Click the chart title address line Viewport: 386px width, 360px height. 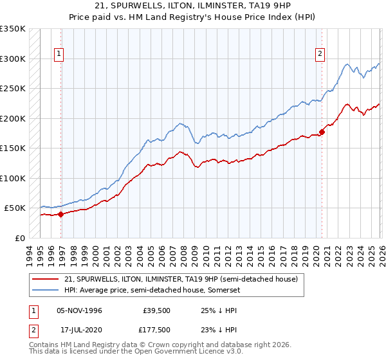[193, 6]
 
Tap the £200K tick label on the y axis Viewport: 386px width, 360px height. [13, 118]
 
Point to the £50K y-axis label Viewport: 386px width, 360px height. [15, 208]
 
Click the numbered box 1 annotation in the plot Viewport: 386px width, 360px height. [59, 55]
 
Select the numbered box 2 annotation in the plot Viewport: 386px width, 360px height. [320, 55]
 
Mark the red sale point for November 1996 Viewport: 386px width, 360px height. [61, 215]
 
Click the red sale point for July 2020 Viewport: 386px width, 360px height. [322, 132]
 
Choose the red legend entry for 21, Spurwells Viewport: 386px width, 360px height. [181, 280]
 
